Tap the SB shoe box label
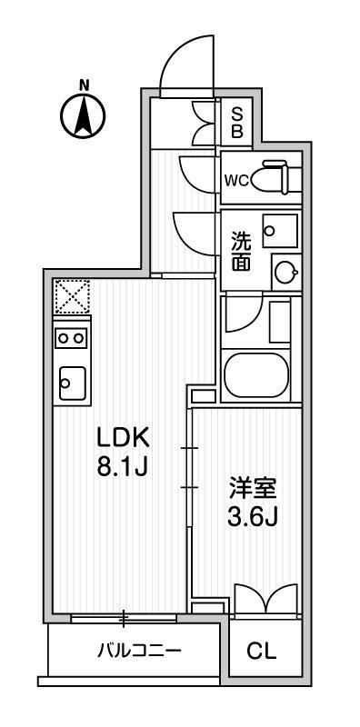236,122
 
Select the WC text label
236,180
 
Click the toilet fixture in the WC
275,176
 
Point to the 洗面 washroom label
241,253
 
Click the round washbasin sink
284,273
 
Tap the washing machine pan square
280,231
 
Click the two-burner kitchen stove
71,338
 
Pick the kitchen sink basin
73,383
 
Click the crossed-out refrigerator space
72,296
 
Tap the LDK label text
123,438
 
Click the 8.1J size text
122,467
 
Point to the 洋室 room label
253,489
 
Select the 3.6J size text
253,518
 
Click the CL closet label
262,652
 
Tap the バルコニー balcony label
139,652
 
